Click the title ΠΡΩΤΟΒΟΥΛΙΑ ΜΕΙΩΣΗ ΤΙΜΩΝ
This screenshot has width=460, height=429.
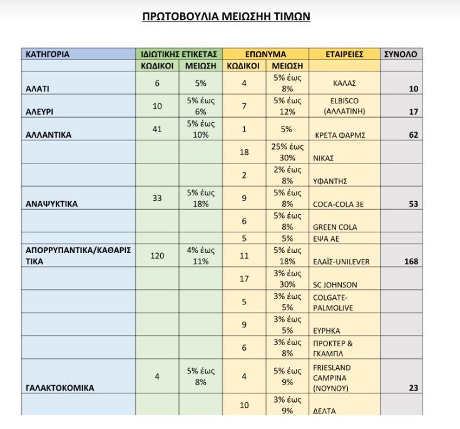pos(227,16)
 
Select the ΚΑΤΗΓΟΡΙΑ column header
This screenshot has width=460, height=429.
pos(48,54)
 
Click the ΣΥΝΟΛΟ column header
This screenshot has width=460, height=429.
pos(400,54)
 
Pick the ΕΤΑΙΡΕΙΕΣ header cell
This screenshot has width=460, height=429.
pos(344,54)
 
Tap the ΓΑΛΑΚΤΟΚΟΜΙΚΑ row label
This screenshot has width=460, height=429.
pos(60,388)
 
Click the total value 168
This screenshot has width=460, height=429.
pos(411,262)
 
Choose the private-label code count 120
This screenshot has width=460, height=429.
pos(157,256)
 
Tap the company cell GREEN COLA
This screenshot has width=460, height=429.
pos(335,227)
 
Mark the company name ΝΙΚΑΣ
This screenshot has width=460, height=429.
pos(324,158)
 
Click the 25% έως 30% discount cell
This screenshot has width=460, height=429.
pos(287,152)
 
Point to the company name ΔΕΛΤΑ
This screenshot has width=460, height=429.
pos(325,411)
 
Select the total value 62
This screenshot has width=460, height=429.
pos(413,135)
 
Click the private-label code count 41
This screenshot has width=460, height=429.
pos(157,129)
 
